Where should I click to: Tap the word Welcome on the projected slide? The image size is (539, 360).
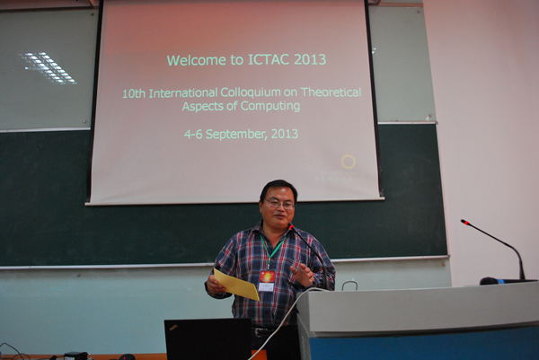197,60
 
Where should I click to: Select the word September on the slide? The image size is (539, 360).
236,135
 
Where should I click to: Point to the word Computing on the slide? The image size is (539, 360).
271,106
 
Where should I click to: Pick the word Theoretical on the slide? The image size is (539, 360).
331,92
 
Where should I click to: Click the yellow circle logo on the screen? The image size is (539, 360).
348,162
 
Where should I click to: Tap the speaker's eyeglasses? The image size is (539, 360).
279,205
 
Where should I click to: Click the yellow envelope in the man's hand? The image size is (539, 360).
236,285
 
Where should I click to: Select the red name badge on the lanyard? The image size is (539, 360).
267,277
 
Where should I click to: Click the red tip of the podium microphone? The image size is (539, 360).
465,223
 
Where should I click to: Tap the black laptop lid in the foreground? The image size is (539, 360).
208,339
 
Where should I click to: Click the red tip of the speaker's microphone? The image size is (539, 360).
291,227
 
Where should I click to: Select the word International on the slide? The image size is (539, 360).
183,93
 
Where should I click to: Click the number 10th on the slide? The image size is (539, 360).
134,93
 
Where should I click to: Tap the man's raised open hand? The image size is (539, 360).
302,274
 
